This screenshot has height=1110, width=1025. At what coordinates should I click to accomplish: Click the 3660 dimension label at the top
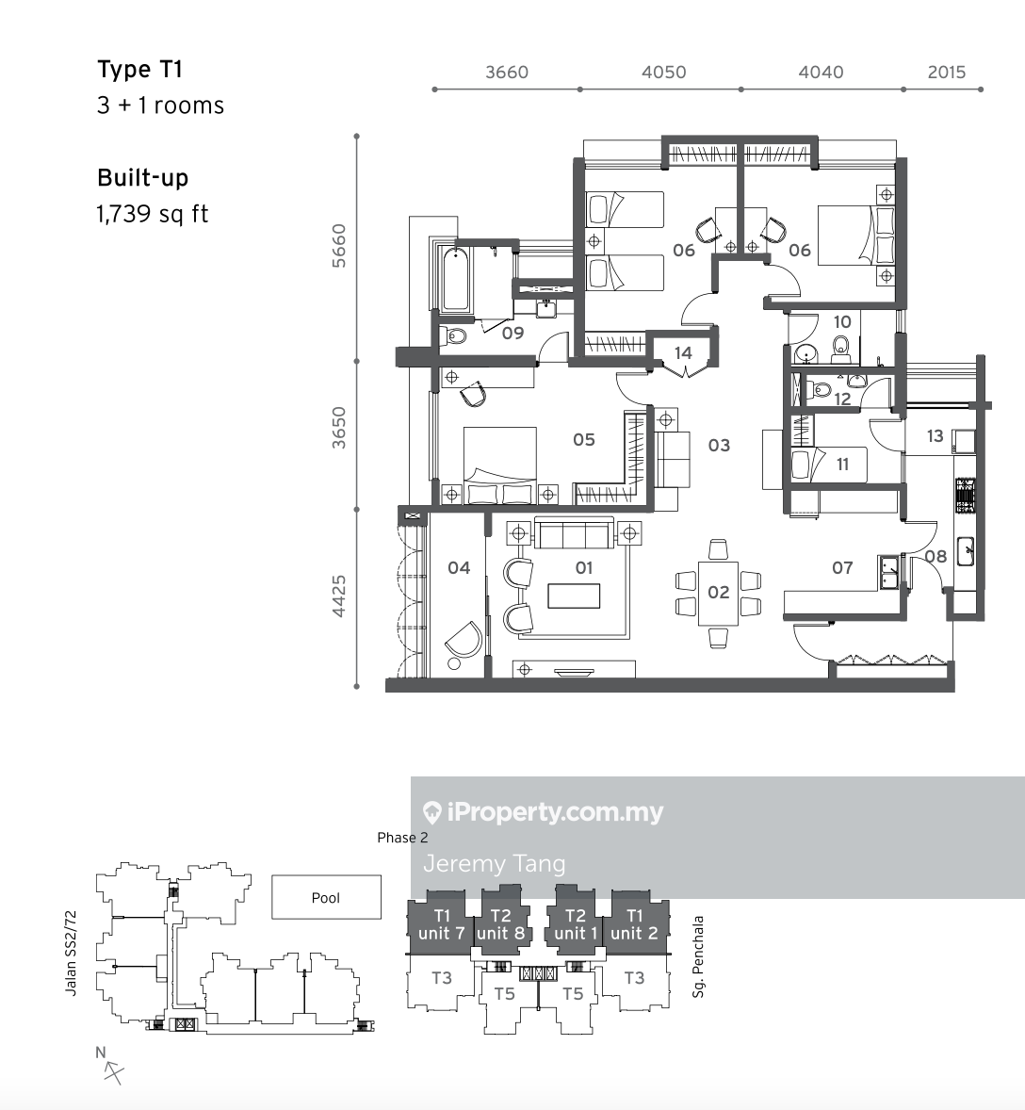(507, 73)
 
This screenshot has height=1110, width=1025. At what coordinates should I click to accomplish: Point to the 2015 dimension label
(947, 73)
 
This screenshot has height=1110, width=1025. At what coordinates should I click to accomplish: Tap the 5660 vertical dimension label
(340, 246)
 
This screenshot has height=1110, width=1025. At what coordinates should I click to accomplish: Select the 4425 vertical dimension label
(340, 596)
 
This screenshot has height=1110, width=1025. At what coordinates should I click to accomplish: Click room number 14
(683, 352)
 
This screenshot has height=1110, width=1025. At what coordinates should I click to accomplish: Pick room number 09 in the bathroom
(512, 333)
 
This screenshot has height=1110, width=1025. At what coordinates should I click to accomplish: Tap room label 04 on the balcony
(459, 568)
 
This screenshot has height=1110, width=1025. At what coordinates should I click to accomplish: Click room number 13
(936, 436)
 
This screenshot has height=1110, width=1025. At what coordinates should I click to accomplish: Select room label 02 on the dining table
(719, 593)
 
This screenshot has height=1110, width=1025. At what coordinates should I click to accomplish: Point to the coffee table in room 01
(574, 596)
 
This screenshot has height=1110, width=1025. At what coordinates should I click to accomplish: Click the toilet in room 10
(840, 346)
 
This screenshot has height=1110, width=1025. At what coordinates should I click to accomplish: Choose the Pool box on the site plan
(326, 898)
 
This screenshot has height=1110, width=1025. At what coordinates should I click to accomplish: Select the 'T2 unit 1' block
(575, 923)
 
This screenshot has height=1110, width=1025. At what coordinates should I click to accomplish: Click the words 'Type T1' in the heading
(140, 70)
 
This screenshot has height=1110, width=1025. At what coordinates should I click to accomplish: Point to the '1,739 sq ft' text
(153, 214)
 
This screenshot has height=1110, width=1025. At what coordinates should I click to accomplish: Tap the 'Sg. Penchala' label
(699, 957)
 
